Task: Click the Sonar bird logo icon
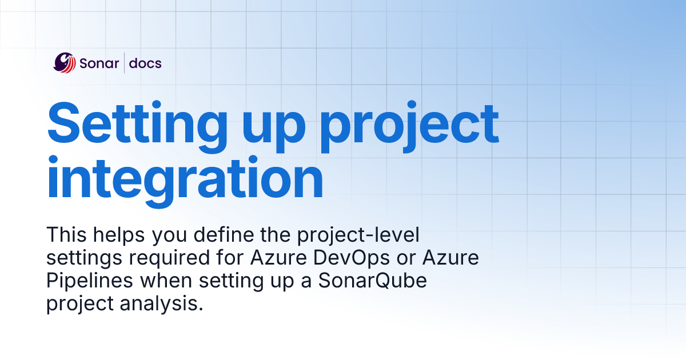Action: pos(64,63)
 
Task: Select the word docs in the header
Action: pos(145,63)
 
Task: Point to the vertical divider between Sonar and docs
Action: pos(124,63)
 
